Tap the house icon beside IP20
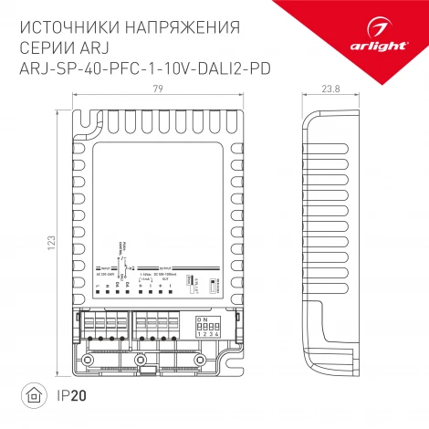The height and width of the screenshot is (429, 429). click(x=33, y=396)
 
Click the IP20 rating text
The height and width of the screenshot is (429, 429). click(x=65, y=396)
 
